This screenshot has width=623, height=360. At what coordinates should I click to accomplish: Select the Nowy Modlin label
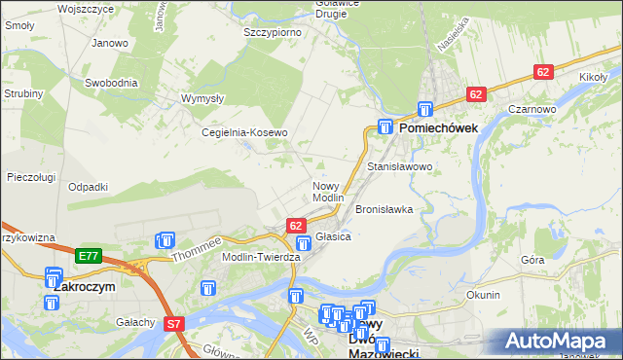pos(328,192)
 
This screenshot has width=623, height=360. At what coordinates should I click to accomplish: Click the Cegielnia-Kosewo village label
pos(244,132)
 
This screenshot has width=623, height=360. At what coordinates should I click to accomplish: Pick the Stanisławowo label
pos(399,167)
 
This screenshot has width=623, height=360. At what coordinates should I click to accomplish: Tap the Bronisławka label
pos(384,209)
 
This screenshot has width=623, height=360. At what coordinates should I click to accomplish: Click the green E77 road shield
pos(89,256)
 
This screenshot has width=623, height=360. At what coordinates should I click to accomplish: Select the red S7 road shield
pos(173,323)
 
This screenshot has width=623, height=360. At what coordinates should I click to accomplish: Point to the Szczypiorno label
pos(272,32)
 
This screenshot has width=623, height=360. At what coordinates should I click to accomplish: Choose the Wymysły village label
pos(203,98)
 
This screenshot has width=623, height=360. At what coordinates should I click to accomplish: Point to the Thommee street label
pos(197,250)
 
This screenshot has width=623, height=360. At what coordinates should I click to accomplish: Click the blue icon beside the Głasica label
pos(304,243)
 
